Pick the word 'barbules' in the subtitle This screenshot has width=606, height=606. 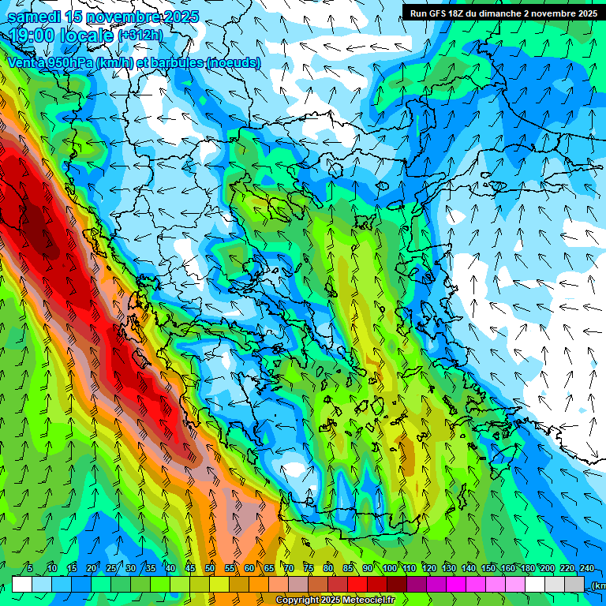point(172,62)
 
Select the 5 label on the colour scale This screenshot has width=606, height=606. point(30,568)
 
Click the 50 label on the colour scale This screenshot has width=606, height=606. point(209,568)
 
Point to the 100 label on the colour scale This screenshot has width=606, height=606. point(389,568)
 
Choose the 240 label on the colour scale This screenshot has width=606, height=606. point(586,568)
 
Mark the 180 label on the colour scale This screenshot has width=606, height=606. point(527,568)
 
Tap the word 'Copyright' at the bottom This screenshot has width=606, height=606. point(297,600)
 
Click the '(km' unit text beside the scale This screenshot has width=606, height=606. point(598,585)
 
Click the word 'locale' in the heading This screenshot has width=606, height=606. point(88,36)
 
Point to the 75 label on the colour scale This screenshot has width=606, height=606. point(308,568)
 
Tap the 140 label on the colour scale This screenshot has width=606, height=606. point(468,568)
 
